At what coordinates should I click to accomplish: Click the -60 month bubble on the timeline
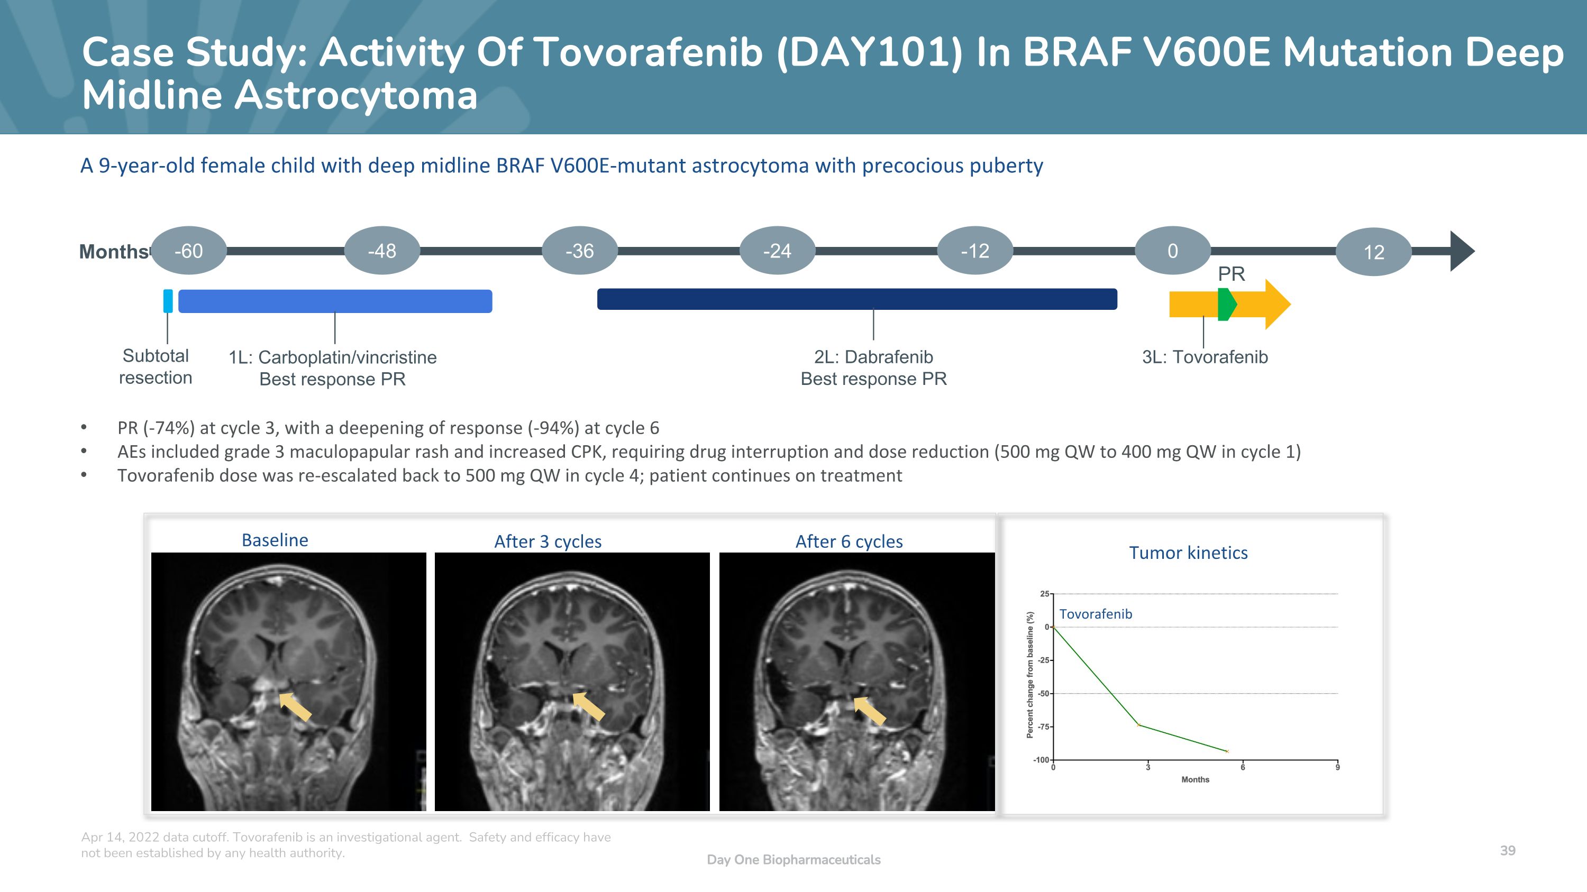click(x=188, y=251)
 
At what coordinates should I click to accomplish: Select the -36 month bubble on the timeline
click(x=580, y=251)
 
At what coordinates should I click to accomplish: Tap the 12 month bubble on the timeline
click(x=1373, y=252)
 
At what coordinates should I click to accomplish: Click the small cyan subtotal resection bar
click(x=168, y=301)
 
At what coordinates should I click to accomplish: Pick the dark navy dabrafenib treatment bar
click(x=856, y=299)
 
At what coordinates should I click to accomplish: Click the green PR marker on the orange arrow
click(x=1226, y=304)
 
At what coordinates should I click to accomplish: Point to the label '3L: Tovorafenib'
click(x=1205, y=357)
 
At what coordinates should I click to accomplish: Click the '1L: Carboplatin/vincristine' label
click(x=333, y=357)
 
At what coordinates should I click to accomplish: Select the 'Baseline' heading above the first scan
click(x=275, y=540)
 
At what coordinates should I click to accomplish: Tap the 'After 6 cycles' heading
click(x=849, y=541)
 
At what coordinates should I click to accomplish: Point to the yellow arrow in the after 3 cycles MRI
click(x=588, y=706)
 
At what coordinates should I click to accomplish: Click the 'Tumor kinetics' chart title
click(x=1188, y=553)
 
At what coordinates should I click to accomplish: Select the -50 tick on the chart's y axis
click(x=1044, y=694)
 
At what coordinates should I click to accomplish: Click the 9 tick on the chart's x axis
click(x=1337, y=767)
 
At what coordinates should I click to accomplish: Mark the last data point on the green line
click(x=1227, y=751)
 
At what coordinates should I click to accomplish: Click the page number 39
click(x=1508, y=850)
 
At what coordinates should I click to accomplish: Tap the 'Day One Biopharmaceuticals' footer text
click(x=793, y=859)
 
